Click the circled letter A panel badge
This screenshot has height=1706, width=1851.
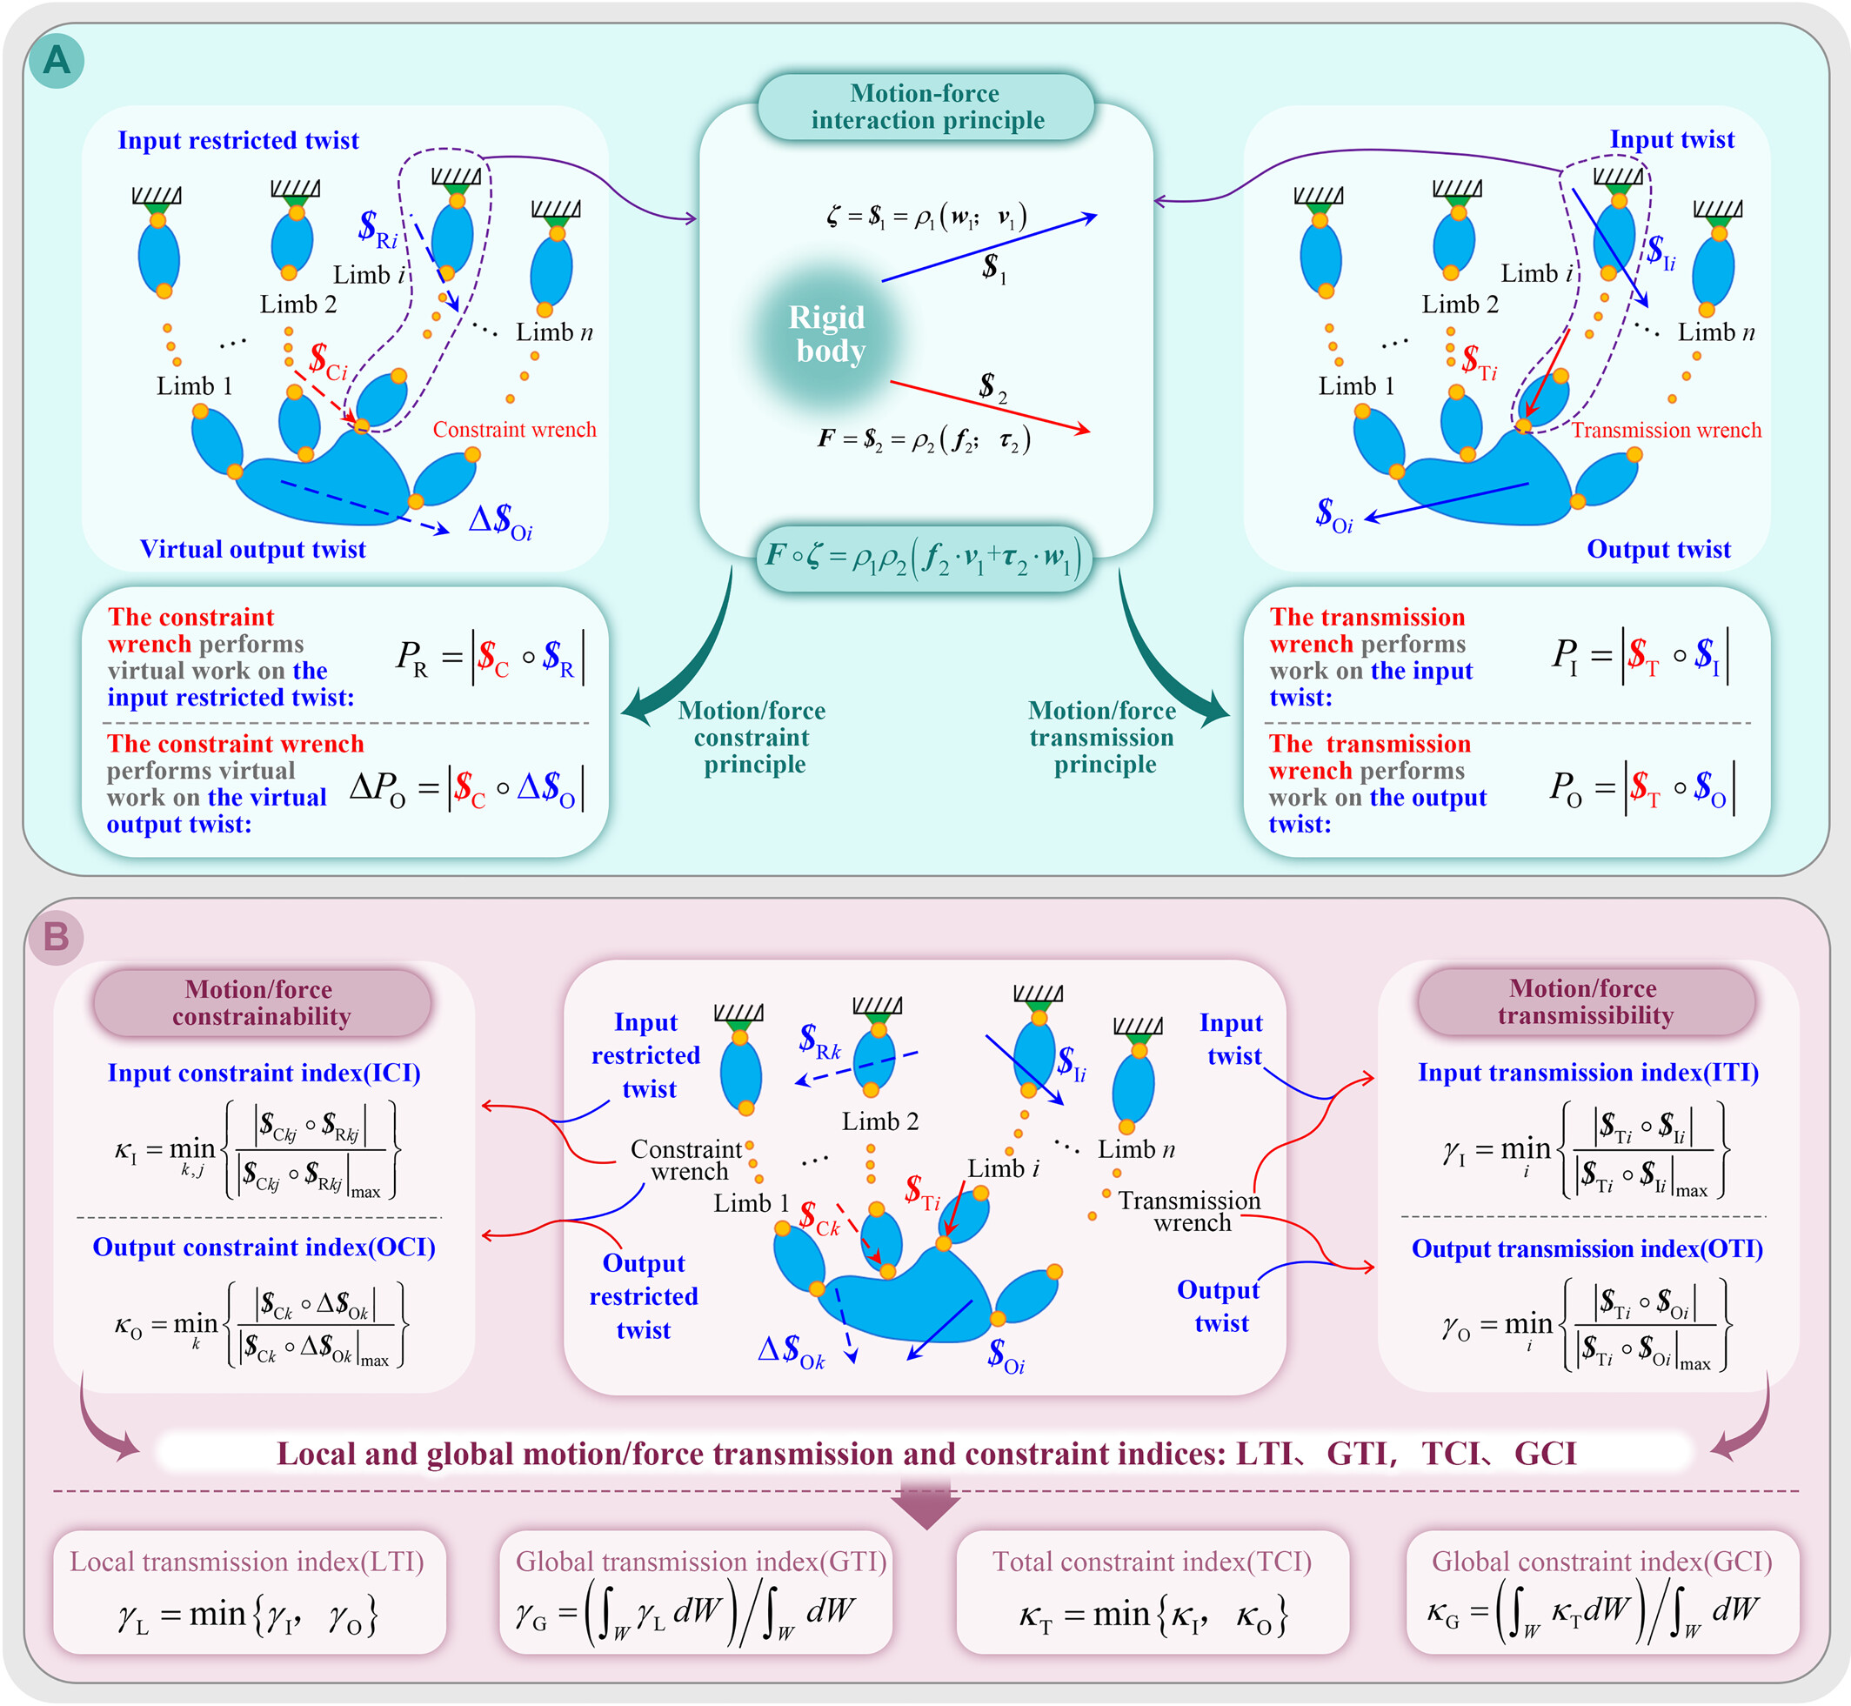(57, 61)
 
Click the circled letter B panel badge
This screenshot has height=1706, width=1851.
(57, 937)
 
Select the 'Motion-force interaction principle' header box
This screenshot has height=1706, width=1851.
(926, 107)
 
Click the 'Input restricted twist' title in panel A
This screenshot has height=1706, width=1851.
(238, 140)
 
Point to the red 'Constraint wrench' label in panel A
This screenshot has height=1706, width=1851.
(514, 429)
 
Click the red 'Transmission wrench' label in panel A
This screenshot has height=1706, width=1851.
(1667, 430)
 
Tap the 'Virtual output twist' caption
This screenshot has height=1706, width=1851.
(253, 549)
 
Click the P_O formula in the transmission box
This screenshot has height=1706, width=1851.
(1641, 788)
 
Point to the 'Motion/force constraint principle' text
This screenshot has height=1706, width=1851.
(752, 738)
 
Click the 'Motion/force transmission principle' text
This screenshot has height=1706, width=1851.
(1102, 738)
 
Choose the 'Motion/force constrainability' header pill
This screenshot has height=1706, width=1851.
(261, 1003)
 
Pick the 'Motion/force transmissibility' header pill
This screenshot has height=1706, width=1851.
(1585, 1002)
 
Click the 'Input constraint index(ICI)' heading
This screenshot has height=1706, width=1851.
(264, 1073)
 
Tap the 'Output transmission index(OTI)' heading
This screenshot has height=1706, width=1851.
(1587, 1249)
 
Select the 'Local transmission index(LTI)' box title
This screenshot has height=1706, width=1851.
(247, 1561)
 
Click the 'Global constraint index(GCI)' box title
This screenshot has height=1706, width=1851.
(1601, 1561)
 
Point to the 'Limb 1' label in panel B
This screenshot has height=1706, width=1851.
(752, 1203)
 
